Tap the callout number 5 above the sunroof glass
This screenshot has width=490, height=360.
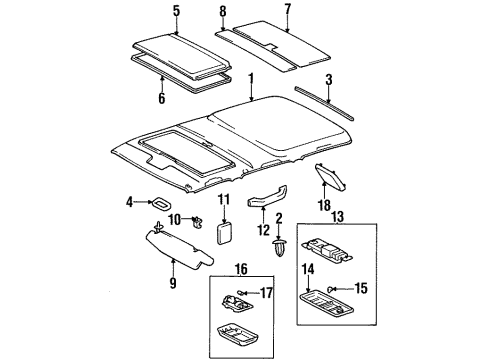coord(176,13)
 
